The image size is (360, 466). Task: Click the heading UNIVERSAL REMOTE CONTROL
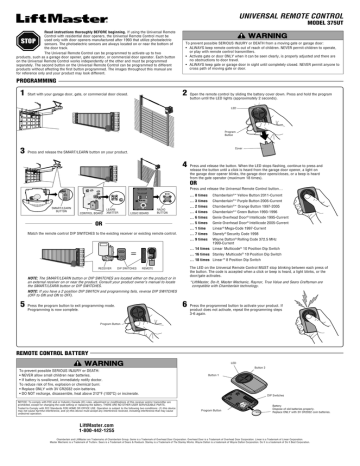pyautogui.click(x=291, y=9)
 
